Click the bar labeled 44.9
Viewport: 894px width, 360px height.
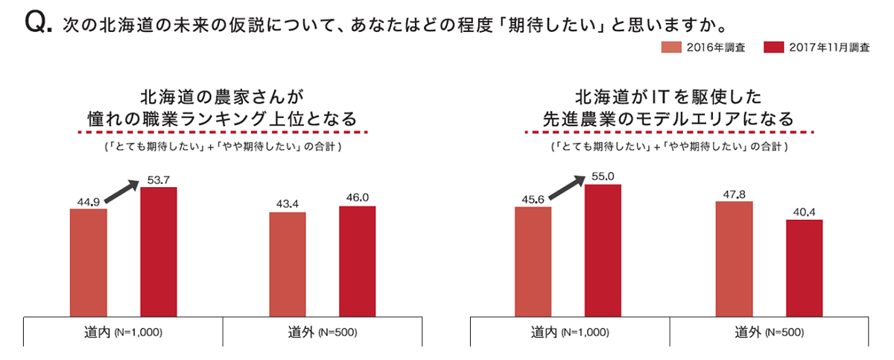[x=88, y=262]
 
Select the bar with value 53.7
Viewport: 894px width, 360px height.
[x=159, y=252]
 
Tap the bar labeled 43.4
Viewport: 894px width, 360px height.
[x=287, y=264]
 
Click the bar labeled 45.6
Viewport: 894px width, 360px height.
[x=533, y=262]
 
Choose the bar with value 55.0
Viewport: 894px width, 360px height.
[x=603, y=250]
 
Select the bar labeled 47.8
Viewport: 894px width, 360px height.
[x=734, y=259]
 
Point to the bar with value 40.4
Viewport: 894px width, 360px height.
[x=804, y=268]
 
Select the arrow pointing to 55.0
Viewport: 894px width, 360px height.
[x=565, y=189]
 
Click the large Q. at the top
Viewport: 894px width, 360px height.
[x=38, y=25]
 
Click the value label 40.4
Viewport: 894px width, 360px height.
[x=805, y=212]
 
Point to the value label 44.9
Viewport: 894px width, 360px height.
[x=88, y=201]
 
